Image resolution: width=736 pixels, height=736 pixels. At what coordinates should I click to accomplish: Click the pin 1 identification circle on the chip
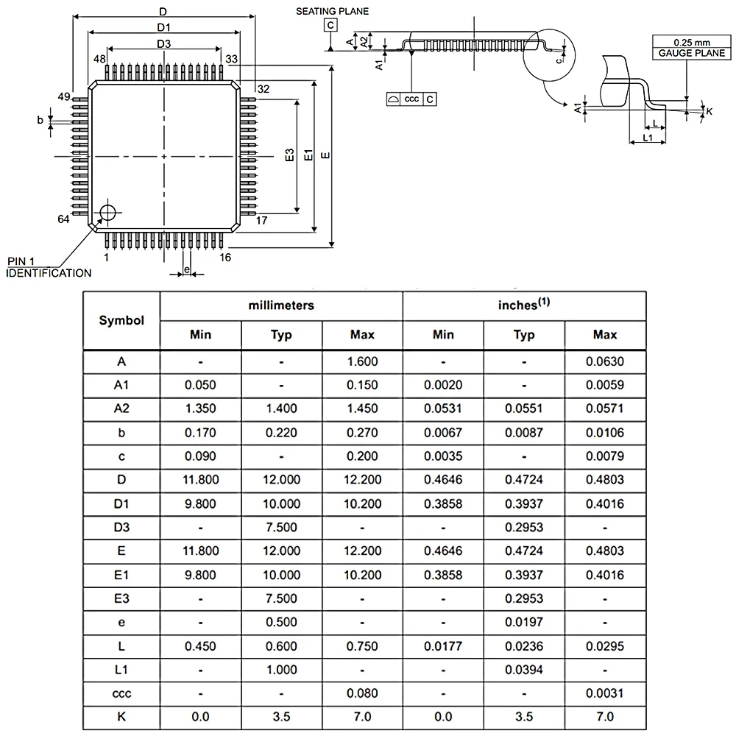tap(108, 212)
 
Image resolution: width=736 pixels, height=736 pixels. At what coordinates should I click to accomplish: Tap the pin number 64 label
tap(63, 219)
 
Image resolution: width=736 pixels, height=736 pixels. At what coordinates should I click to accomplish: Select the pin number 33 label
tap(232, 59)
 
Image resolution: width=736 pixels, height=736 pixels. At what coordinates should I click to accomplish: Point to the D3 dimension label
tap(163, 44)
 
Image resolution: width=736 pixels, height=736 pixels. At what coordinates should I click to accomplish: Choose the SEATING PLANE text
tap(333, 12)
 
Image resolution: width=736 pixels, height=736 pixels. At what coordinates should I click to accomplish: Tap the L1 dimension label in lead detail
tap(647, 138)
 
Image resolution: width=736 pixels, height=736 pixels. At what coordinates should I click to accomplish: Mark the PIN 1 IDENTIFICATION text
tap(49, 268)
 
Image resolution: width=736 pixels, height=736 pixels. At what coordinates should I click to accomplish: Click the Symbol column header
tap(121, 320)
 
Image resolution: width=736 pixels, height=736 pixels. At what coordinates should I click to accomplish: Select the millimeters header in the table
tap(281, 305)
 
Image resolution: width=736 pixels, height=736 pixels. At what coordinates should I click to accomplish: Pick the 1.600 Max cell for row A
tap(362, 361)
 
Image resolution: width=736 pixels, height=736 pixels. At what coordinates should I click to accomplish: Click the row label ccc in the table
tap(121, 693)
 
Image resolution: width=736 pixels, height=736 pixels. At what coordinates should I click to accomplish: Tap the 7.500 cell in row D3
tap(281, 527)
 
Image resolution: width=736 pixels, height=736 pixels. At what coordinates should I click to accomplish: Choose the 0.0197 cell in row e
tap(524, 622)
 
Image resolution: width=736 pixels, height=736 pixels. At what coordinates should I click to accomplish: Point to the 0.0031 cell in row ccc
tap(605, 693)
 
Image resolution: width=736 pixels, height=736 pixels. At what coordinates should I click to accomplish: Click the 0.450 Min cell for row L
tap(200, 646)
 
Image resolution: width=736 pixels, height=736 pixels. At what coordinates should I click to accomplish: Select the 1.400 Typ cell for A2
tap(281, 408)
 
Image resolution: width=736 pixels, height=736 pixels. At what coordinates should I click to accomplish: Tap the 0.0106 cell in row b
tap(605, 432)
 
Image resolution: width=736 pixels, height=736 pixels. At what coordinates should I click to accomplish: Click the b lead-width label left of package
tap(40, 119)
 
